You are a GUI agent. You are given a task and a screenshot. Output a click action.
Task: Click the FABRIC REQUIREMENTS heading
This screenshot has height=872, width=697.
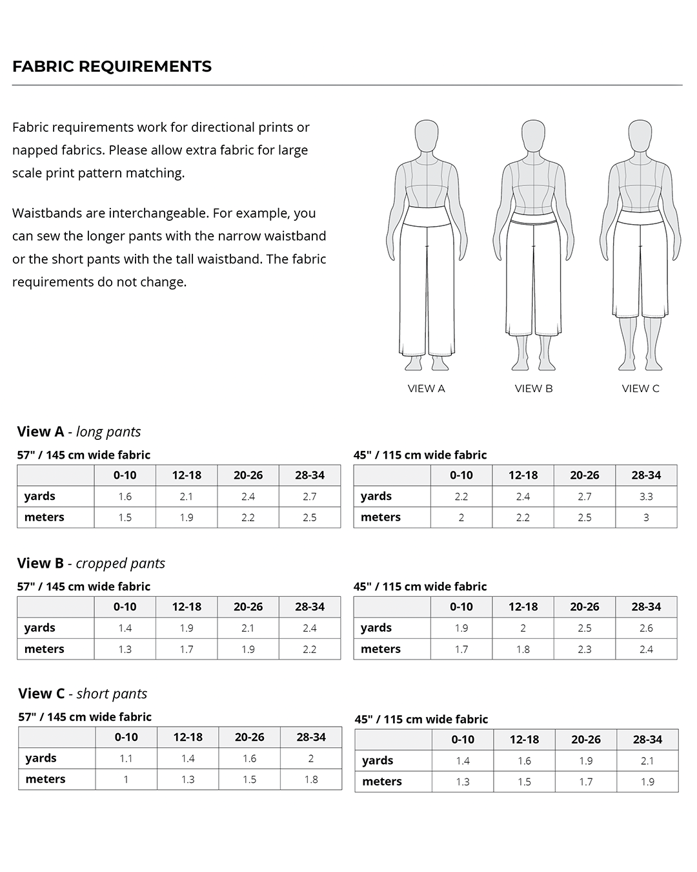pos(112,67)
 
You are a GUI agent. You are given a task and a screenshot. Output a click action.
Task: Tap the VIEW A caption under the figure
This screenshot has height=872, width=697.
pos(426,388)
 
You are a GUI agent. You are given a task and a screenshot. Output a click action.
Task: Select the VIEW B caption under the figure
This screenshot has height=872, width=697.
pos(534,388)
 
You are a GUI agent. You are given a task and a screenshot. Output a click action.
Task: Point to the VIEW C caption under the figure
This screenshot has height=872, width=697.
pos(640,388)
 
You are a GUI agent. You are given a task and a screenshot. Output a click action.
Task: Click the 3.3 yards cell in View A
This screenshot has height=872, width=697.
pos(646,496)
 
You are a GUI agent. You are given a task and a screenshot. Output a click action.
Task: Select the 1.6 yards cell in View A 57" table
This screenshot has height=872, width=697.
pos(125,496)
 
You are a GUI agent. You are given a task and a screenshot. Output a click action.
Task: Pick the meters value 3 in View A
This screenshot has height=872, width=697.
pos(646,517)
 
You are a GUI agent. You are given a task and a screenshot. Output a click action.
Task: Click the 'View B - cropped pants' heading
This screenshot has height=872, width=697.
pos(91,563)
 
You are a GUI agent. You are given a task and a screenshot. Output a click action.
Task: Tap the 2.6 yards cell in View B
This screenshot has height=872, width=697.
pos(646,628)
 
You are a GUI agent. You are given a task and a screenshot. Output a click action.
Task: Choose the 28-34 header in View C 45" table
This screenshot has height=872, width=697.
pos(647,740)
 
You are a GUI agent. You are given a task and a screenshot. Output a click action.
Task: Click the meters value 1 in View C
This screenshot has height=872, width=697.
pos(126,779)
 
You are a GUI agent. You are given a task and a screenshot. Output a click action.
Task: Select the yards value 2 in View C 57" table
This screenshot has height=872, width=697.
pos(311,758)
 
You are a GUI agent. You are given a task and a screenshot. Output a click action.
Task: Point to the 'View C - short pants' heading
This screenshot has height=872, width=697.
pos(83,694)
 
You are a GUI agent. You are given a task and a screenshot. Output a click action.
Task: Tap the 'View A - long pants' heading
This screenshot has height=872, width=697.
pos(79,431)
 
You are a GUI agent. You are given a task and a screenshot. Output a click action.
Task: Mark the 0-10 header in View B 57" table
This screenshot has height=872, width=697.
pos(125,607)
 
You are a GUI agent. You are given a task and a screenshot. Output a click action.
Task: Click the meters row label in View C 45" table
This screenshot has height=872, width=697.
pos(382,782)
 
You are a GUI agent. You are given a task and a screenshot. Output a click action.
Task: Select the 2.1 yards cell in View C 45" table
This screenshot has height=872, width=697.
pos(647,761)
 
